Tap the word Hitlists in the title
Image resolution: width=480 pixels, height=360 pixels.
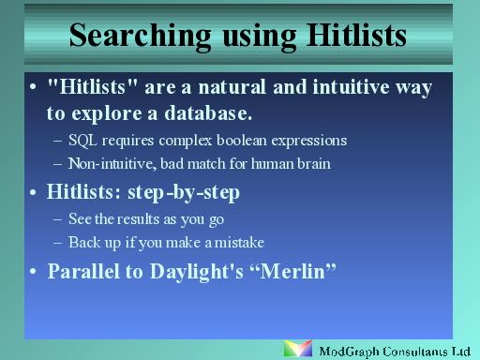354,36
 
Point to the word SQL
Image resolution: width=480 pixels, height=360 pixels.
82,141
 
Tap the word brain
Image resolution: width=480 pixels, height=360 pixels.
310,163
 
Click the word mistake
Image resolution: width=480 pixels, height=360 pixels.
240,241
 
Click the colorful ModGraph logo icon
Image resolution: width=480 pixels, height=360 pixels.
298,349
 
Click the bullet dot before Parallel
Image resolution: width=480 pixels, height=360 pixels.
34,272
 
